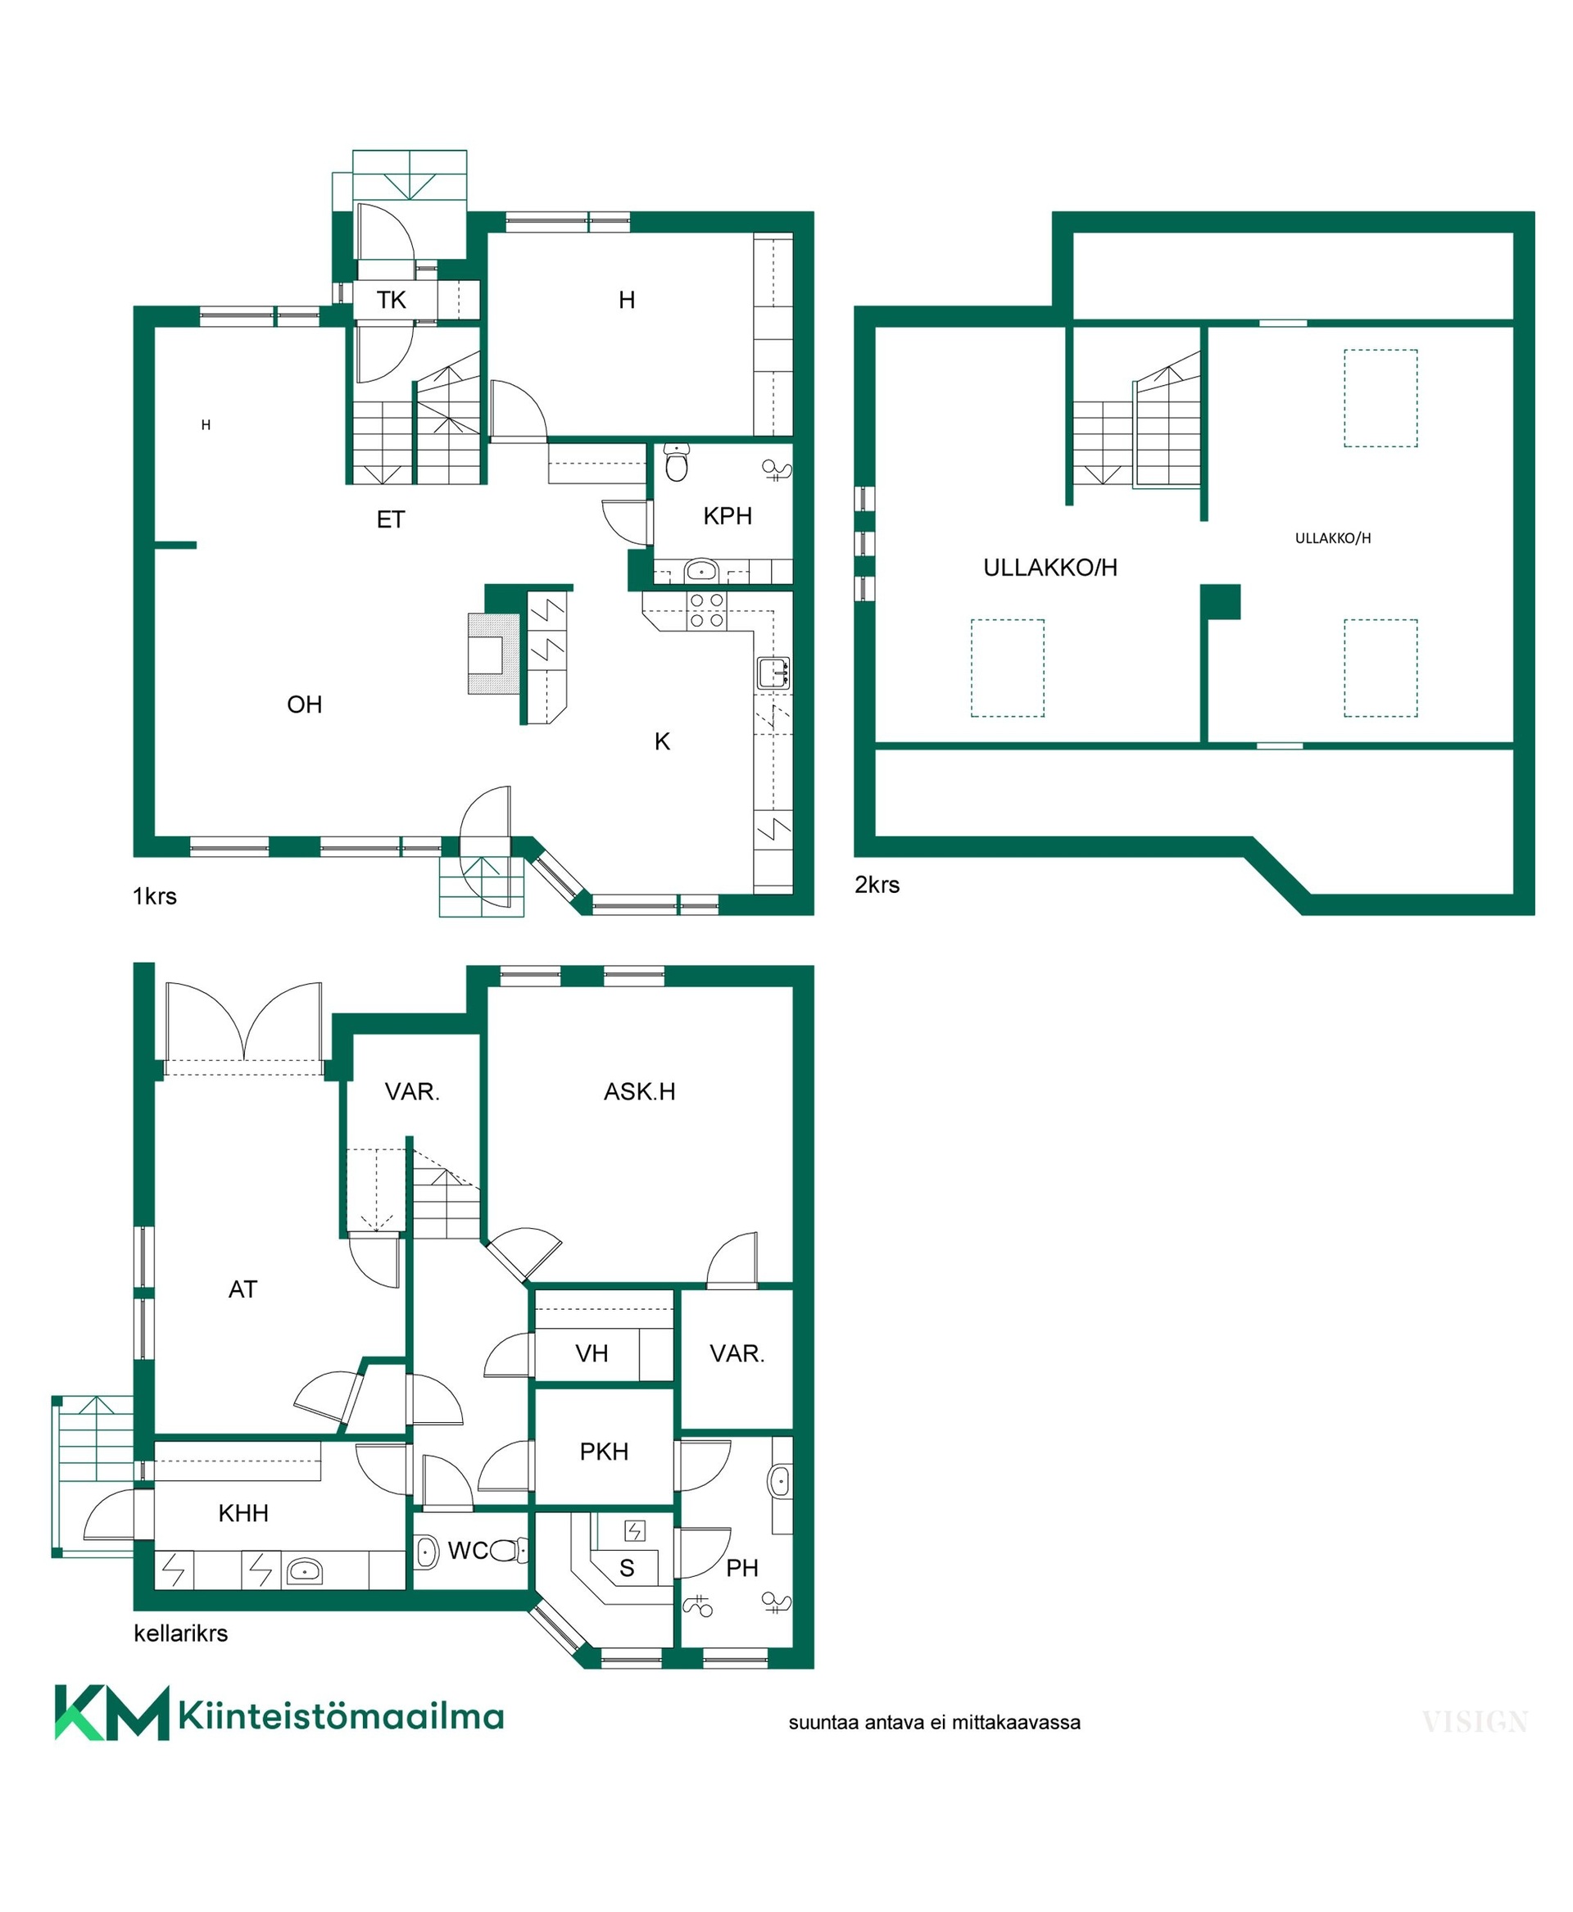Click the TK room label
click(392, 300)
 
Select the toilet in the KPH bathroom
click(676, 462)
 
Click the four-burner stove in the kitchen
click(707, 609)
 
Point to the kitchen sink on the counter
click(773, 673)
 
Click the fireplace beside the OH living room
click(494, 654)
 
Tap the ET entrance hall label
click(391, 519)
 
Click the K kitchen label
click(662, 741)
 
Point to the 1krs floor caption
click(155, 896)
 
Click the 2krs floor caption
click(877, 885)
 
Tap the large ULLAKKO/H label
click(1050, 567)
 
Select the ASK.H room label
click(640, 1091)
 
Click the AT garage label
click(243, 1289)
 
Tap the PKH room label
click(605, 1451)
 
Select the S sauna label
click(627, 1568)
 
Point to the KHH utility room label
click(244, 1512)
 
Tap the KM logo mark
click(112, 1713)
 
